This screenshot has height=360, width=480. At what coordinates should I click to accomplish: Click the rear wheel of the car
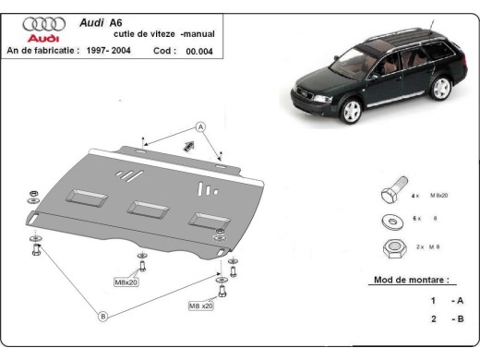[430, 90]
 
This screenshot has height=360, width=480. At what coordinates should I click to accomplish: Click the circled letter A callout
[199, 126]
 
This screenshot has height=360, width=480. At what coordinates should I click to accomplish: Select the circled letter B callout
[103, 317]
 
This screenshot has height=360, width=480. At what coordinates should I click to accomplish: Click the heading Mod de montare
[411, 279]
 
